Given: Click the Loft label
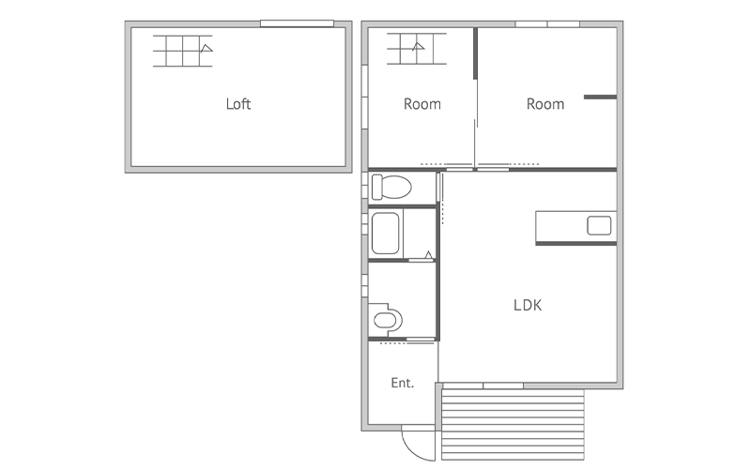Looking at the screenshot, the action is (238, 104).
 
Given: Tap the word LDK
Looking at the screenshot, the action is (528, 306).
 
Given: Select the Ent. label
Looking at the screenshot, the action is (403, 383).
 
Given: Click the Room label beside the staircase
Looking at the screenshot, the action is (421, 104).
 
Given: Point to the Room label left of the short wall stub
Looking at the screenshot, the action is (545, 104).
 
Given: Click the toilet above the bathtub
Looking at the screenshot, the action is (391, 187).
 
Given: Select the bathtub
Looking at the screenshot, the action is (385, 233).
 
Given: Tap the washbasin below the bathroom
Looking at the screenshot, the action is (386, 319).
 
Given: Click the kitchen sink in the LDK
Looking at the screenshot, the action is (599, 225).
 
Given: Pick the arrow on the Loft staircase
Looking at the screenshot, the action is (207, 48).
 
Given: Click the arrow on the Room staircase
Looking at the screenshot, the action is (418, 46).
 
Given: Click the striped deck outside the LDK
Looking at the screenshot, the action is (513, 424).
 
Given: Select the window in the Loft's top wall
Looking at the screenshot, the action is (297, 23).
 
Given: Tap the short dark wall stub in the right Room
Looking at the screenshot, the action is (600, 98).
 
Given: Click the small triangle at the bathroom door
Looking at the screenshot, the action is (429, 254).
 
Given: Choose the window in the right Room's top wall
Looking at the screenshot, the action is (547, 24).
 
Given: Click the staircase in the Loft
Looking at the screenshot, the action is (183, 51).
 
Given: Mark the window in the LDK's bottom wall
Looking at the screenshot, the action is (483, 386).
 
